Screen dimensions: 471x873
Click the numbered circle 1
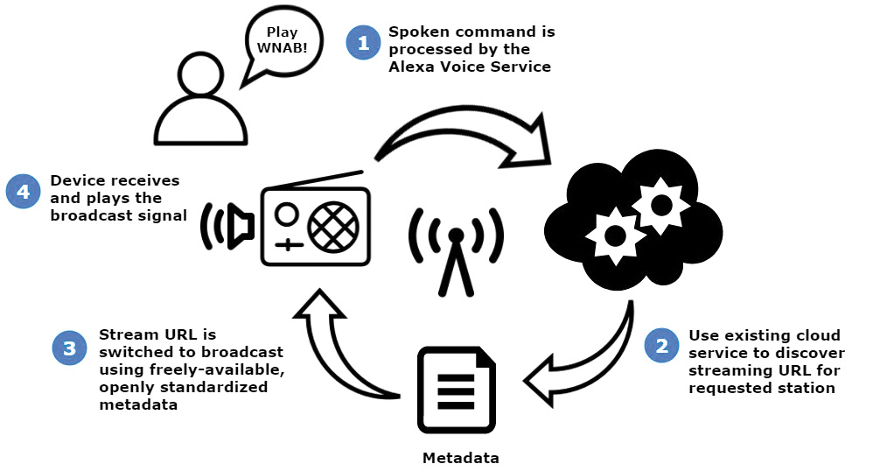pos(361,42)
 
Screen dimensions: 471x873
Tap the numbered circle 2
pos(661,345)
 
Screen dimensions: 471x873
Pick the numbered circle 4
pos(23,191)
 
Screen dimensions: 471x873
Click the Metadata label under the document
pos(460,458)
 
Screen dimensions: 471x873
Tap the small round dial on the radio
pos(285,214)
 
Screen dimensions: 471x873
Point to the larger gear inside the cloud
pos(662,203)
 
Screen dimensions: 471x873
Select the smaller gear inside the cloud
pos(615,235)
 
